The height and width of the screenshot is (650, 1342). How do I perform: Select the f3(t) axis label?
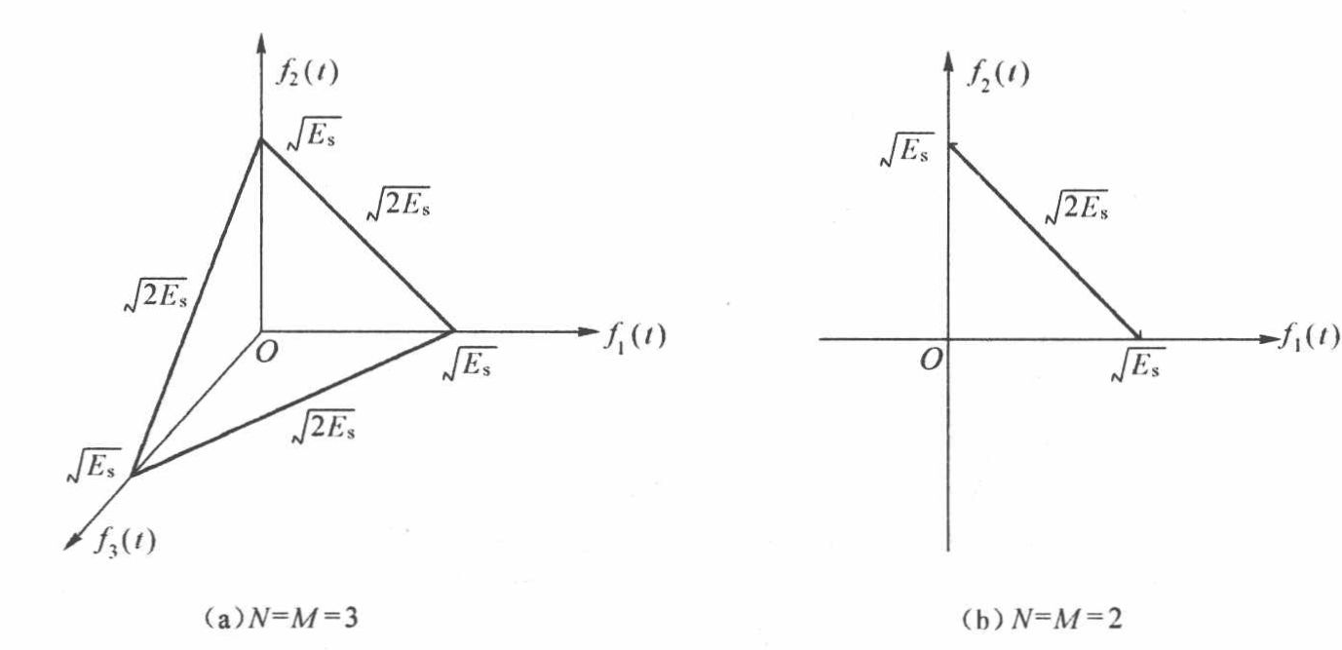124,540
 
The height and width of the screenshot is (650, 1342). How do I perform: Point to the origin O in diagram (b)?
930,361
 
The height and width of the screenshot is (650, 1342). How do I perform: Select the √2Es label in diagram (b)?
1075,208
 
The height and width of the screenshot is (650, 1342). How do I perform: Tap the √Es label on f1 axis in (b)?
1137,367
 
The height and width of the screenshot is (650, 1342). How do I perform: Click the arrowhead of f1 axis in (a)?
589,331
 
